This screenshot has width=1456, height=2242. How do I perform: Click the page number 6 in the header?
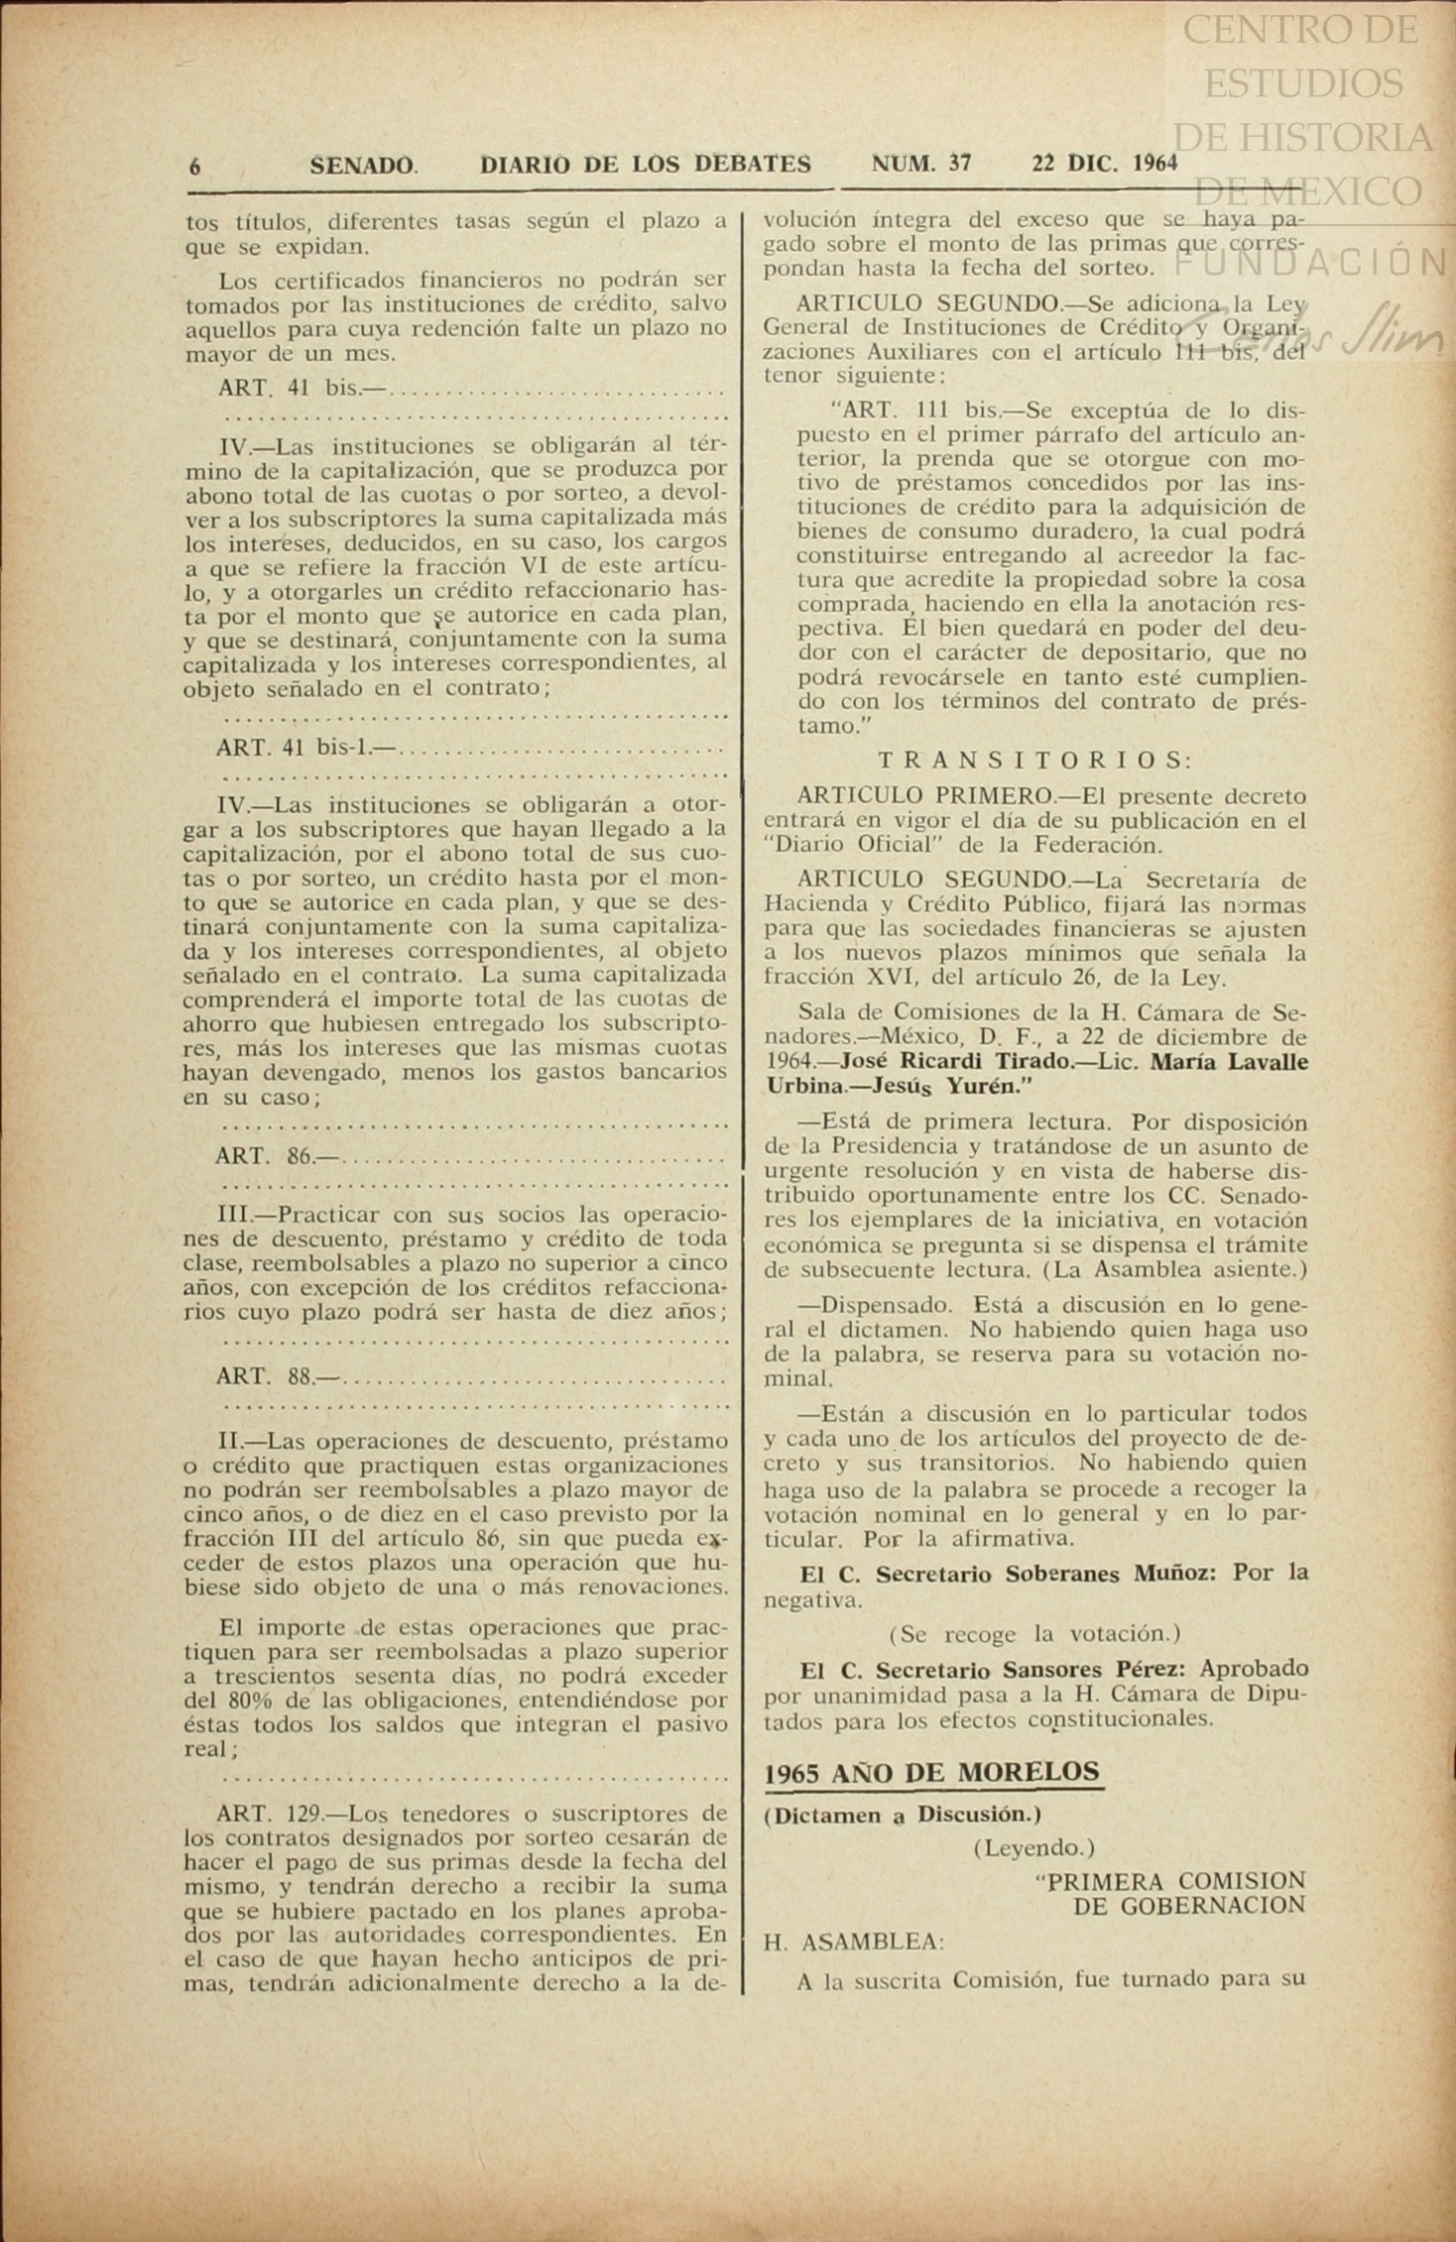(194, 166)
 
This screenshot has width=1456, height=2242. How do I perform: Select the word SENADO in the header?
(363, 166)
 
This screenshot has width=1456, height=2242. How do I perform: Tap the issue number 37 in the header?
(959, 164)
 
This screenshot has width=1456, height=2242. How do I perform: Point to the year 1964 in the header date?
(1153, 164)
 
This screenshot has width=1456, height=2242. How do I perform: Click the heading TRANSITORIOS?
(1034, 761)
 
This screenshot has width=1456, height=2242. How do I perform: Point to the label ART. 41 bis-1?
(295, 748)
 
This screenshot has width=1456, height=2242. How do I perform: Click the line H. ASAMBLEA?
(854, 1943)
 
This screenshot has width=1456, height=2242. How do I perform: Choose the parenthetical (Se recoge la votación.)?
(1034, 1633)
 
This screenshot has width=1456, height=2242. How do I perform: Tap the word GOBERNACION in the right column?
(1189, 1906)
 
